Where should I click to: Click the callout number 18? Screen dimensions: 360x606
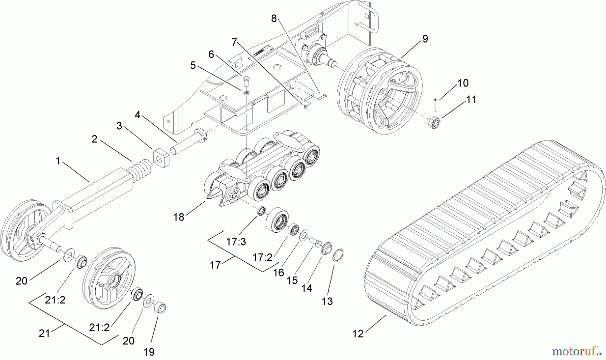[x=179, y=217]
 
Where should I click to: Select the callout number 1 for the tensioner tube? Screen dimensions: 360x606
[x=58, y=161]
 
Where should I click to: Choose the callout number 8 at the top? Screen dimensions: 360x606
[x=274, y=19]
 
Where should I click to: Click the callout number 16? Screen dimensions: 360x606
[x=279, y=272]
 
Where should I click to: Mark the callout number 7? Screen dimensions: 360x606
[x=234, y=42]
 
